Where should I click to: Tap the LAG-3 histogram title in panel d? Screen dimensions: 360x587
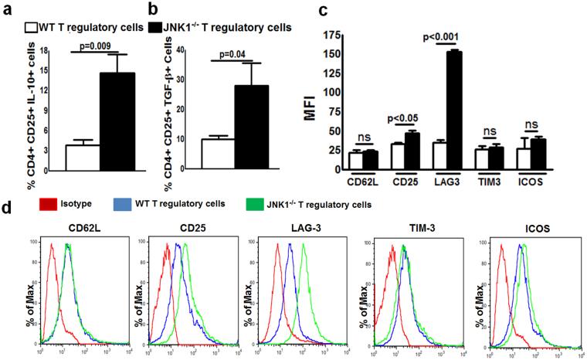pos(282,229)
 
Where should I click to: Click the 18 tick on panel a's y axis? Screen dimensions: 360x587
pos(46,50)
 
